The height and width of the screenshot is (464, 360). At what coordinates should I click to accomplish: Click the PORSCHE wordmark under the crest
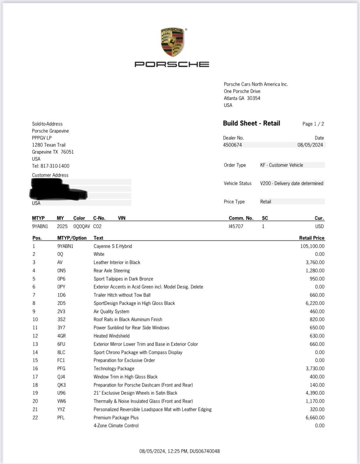(172, 64)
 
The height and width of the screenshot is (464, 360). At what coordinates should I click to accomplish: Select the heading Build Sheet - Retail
(251, 123)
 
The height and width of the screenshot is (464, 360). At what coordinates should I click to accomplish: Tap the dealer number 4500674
(232, 145)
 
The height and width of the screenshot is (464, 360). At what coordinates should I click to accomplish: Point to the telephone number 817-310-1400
(55, 166)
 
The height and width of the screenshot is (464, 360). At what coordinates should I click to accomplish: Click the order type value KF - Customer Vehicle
(282, 165)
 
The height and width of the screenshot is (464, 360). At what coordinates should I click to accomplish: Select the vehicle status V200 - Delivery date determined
(292, 183)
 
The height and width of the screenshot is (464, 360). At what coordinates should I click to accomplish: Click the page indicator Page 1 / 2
(313, 124)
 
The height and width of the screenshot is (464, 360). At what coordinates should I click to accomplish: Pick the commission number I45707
(236, 226)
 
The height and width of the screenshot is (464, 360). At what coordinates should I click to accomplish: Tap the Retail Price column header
(311, 238)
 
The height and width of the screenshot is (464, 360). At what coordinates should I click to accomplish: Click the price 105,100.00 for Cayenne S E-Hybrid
(312, 246)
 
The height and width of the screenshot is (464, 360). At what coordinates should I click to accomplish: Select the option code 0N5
(61, 271)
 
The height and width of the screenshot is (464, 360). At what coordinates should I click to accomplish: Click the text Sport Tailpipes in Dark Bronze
(123, 279)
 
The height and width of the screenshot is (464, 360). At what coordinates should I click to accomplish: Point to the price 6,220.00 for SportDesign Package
(315, 303)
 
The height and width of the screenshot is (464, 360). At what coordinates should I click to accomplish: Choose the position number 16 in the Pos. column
(35, 369)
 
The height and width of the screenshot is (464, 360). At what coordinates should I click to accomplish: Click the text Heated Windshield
(111, 336)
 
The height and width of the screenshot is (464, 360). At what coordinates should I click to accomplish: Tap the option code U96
(61, 393)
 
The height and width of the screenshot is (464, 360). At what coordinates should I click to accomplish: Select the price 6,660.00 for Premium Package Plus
(315, 418)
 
